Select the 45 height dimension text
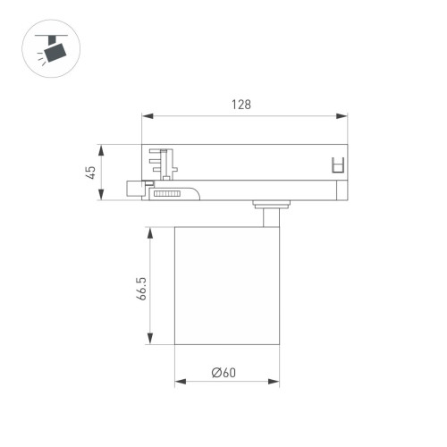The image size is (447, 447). pyautogui.click(x=91, y=172)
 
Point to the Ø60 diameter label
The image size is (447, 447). pyautogui.click(x=223, y=373)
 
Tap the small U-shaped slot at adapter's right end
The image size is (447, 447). pyautogui.click(x=337, y=165)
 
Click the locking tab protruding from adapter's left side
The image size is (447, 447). pyautogui.click(x=135, y=189)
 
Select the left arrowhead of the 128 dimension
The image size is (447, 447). pyautogui.click(x=147, y=115)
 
